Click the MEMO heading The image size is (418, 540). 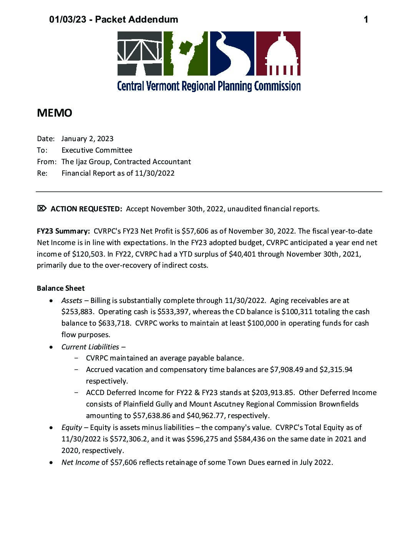pos(54,113)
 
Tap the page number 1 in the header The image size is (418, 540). pos(366,20)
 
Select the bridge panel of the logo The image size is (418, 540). pos(140,53)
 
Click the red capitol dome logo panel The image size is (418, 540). pos(278,53)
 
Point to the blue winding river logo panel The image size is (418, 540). pos(232,53)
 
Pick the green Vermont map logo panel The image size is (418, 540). pos(186,53)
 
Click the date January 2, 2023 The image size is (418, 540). pos(87,139)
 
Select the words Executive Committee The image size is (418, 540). pos(97,150)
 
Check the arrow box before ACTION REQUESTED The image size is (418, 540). pos(41,209)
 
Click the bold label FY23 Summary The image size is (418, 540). pos(63,231)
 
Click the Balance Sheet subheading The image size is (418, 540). pos(61,288)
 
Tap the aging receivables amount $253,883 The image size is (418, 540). pos(77,312)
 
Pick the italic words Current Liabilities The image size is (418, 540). pos(90,347)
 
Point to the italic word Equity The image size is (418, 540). pos(72,427)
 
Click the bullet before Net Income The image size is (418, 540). pos(51,463)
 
